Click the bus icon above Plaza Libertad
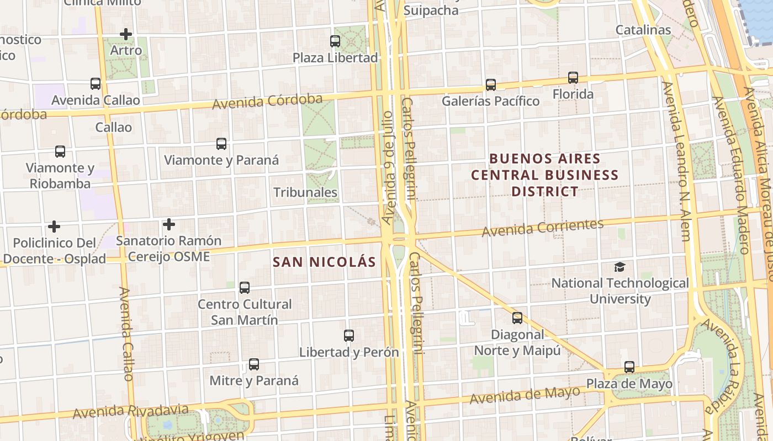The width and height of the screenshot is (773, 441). coord(335,41)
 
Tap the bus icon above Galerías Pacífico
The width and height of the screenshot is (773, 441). coord(490,84)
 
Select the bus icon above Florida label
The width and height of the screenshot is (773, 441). coord(573,78)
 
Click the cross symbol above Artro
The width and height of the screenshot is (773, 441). coord(126,34)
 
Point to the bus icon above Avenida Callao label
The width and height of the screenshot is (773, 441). coord(96,84)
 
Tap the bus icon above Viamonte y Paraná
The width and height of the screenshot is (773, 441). coord(221,144)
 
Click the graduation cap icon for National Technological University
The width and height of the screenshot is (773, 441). coord(620,267)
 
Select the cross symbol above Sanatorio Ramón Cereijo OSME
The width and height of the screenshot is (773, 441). coord(168,224)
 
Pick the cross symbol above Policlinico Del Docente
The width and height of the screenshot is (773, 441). coord(54,227)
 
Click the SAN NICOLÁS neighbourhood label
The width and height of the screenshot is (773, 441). coord(324,262)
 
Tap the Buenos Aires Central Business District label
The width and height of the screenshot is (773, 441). coord(544,175)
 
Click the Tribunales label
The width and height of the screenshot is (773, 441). coord(305,192)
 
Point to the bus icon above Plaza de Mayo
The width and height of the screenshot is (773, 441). coord(629,367)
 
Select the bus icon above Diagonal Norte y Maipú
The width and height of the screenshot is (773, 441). coord(517,318)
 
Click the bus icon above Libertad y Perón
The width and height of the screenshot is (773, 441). coord(348,335)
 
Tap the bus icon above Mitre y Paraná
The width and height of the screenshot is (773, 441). coord(253,364)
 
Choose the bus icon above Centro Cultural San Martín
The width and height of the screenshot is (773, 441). coord(244,287)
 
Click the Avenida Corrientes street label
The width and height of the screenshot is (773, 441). coord(542,228)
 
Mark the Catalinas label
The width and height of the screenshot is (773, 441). coord(643,30)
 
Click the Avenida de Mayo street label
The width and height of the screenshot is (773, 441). coord(524,395)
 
